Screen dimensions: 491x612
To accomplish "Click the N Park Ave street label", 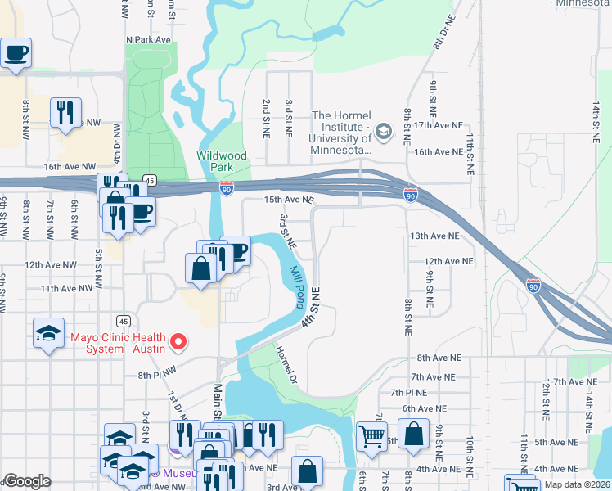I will point(148,39).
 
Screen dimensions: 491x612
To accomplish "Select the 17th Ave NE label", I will point(439,127).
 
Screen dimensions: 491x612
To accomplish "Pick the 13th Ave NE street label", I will point(434,236).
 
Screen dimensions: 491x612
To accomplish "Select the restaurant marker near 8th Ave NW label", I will point(66,113).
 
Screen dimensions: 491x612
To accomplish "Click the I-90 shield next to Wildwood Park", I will point(225,189).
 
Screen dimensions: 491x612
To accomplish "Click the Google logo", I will point(27,482).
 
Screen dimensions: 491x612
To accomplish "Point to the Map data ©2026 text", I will point(577,484).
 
